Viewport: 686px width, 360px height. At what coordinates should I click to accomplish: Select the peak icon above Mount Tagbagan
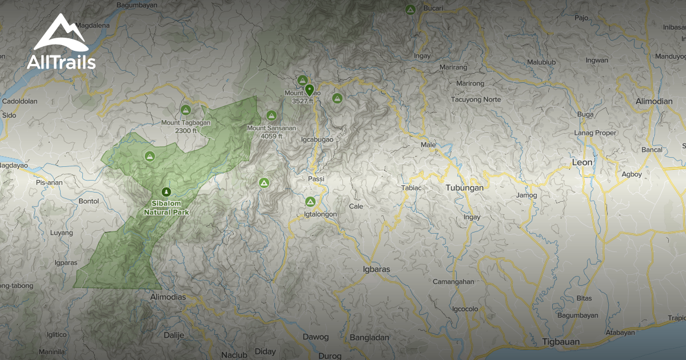point(185,110)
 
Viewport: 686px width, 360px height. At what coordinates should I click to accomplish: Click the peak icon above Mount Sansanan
point(271,115)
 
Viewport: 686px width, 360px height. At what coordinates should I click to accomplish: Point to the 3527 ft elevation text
point(302,101)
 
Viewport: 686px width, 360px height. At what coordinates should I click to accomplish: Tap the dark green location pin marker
point(310,90)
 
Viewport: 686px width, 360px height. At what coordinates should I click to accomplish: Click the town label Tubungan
point(464,187)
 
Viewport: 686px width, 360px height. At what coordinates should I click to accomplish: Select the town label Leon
point(582,162)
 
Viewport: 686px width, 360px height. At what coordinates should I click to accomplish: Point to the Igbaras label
point(376,269)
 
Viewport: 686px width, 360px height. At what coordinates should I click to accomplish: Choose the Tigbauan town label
point(560,342)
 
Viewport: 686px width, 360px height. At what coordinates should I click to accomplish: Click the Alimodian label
point(654,101)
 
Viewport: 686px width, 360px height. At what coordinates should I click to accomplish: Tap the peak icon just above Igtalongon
point(310,202)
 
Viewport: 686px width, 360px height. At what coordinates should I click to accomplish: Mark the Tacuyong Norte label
point(476,99)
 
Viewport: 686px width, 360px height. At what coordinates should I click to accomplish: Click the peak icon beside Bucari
point(410,9)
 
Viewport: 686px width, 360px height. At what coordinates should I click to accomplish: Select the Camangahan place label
point(453,282)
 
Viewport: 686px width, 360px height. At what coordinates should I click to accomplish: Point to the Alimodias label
point(167,297)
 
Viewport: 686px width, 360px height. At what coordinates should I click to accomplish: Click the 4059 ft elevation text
point(271,136)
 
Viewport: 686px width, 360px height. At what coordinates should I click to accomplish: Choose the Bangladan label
point(369,337)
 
